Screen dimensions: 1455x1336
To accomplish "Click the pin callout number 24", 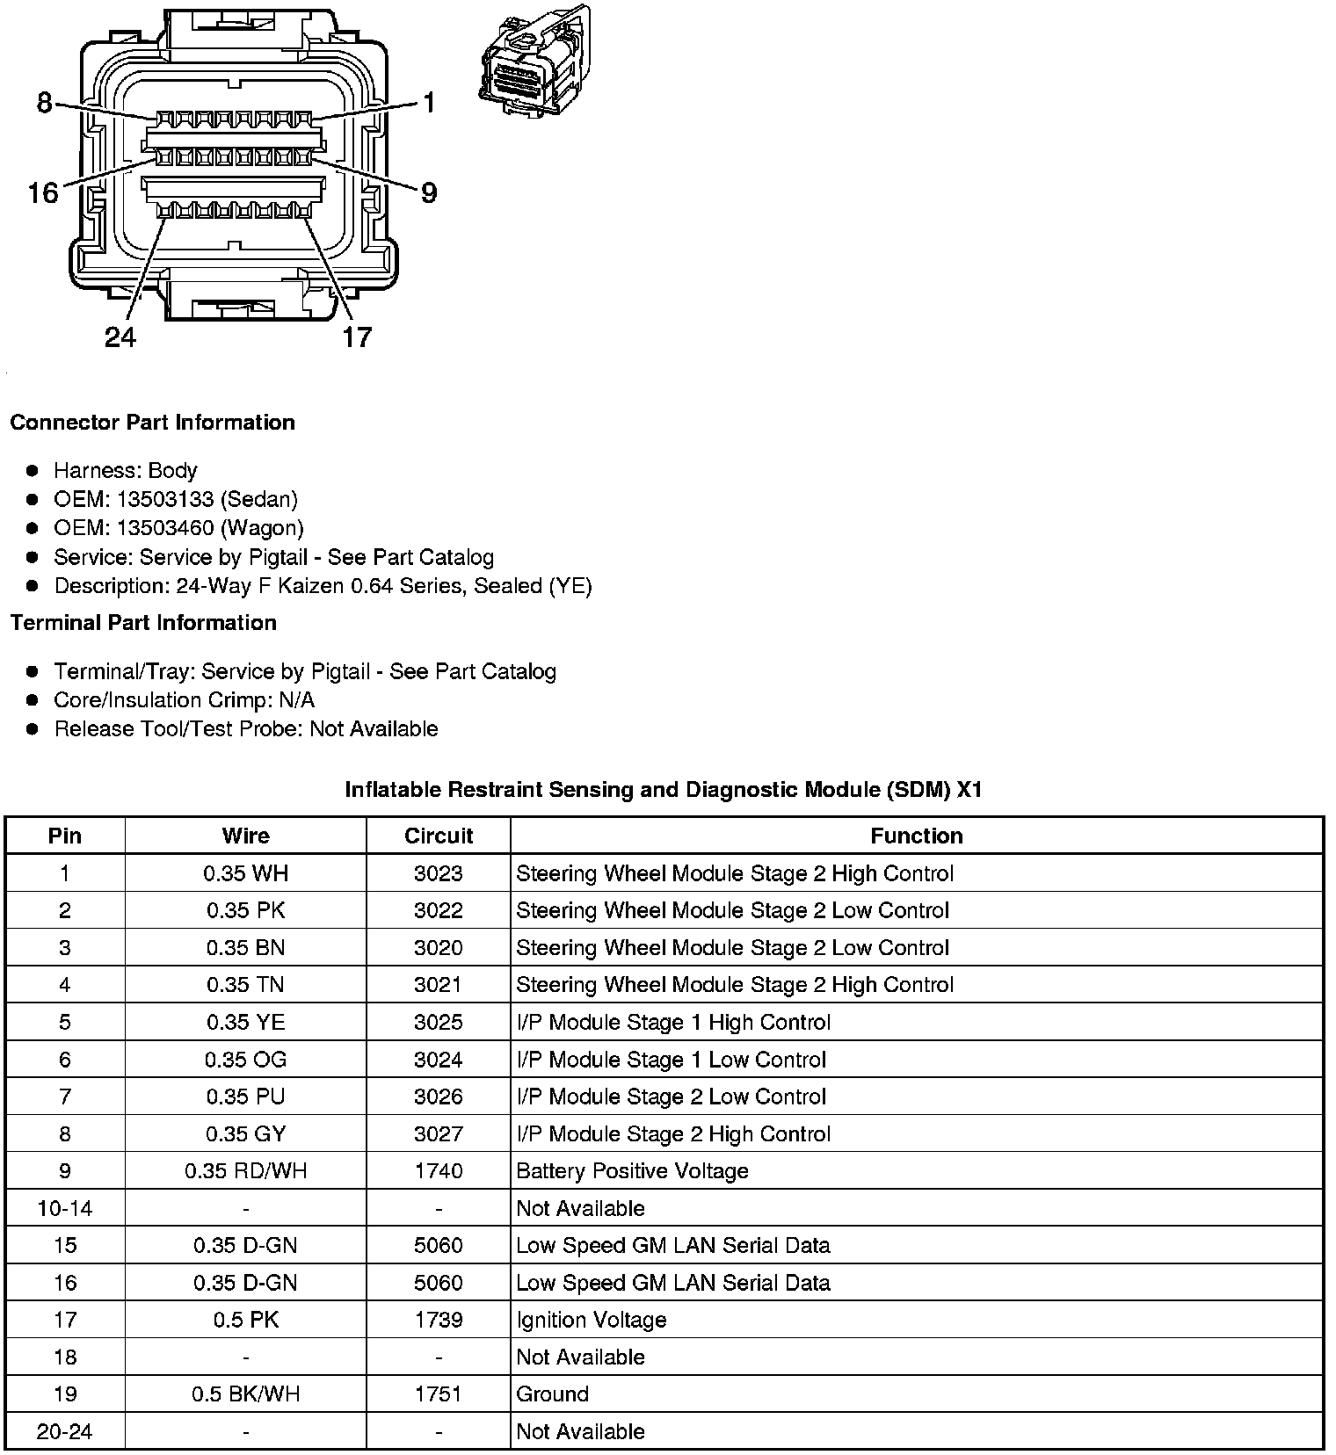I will (x=120, y=337).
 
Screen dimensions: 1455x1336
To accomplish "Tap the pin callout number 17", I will (x=356, y=337).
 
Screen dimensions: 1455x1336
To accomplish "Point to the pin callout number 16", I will (x=43, y=192).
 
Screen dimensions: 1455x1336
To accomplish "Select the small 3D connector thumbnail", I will (x=534, y=62).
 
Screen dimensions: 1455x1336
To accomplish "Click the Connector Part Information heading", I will (x=152, y=423).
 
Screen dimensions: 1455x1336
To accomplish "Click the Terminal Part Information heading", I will (x=143, y=623).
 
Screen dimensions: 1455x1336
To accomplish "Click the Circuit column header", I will (x=438, y=836).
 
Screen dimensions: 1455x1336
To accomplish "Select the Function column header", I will (x=916, y=836).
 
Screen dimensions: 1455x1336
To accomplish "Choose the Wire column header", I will (x=245, y=836).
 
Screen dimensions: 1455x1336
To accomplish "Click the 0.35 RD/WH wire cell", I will (x=245, y=1171).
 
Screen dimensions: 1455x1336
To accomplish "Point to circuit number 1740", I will (x=438, y=1171).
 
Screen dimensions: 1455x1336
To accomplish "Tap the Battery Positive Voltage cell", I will (x=632, y=1171).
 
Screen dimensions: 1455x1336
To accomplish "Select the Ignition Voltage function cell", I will (x=591, y=1320).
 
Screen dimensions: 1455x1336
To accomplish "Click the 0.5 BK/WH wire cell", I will (x=245, y=1394).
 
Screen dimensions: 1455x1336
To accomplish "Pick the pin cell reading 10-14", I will (x=65, y=1208).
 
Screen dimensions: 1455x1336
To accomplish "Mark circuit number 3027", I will (x=438, y=1134).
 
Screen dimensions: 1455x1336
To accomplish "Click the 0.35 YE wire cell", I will (x=245, y=1023).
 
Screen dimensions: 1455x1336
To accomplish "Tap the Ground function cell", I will (x=552, y=1394).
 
